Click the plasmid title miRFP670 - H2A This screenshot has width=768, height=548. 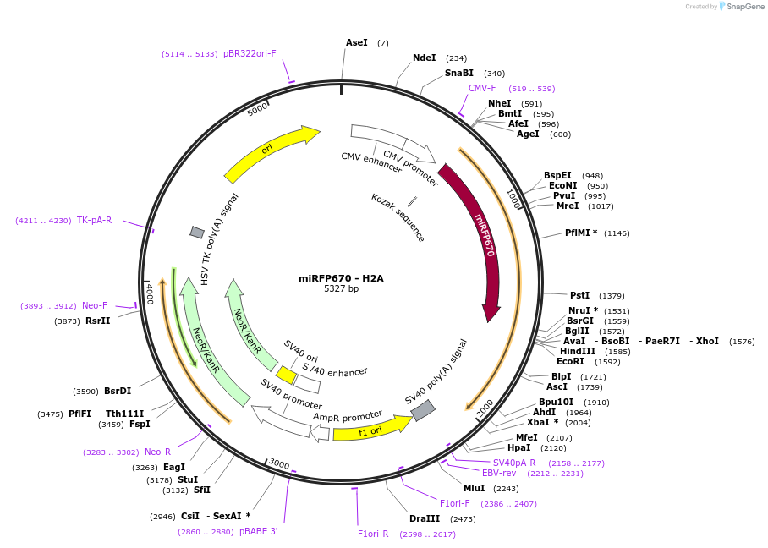click(341, 278)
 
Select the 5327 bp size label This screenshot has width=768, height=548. click(341, 289)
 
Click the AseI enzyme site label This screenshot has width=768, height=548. click(356, 42)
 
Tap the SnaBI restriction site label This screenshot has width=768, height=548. click(459, 74)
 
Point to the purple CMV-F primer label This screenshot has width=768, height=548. click(482, 88)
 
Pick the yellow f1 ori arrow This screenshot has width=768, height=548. click(370, 430)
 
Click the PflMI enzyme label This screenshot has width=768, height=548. click(581, 233)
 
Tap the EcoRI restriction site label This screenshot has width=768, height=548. click(570, 361)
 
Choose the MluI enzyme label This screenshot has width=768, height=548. click(474, 488)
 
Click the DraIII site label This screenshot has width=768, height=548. click(425, 518)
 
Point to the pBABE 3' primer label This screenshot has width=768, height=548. click(258, 531)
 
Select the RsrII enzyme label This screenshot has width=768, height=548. click(98, 321)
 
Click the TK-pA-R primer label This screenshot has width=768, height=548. click(95, 220)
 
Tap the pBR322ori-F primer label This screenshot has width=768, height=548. click(250, 53)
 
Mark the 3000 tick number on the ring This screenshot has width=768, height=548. click(279, 464)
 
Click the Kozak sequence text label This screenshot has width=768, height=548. click(398, 217)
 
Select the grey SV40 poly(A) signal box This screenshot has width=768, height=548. click(423, 411)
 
